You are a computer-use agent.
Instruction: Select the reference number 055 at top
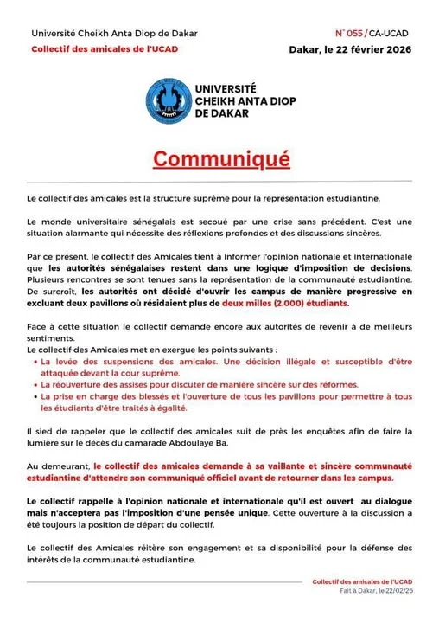[x=357, y=33]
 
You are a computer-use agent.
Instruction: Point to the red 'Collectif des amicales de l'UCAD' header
[x=105, y=49]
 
